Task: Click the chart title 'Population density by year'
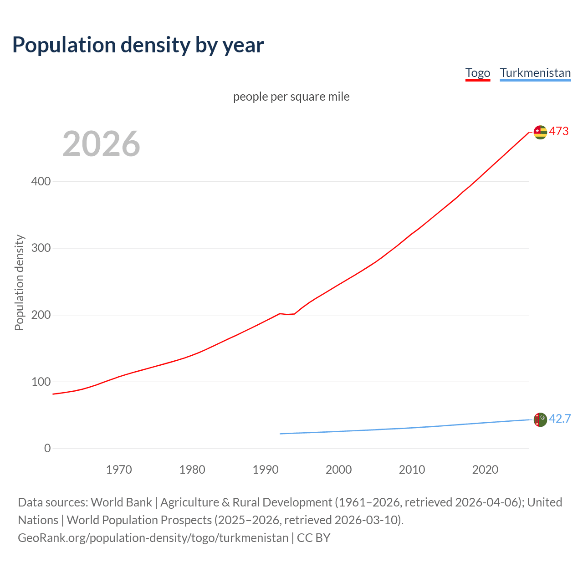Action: click(x=138, y=45)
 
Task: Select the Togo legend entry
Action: click(x=477, y=73)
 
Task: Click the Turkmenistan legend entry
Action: click(x=535, y=73)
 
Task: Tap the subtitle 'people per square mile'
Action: click(x=291, y=97)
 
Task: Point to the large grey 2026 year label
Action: click(x=101, y=144)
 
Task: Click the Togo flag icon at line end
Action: click(x=540, y=132)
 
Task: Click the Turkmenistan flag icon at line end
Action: click(x=540, y=419)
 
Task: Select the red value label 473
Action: click(x=559, y=131)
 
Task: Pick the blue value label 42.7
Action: click(x=560, y=419)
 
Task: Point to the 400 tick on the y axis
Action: click(x=41, y=181)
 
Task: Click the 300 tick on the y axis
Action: click(x=41, y=248)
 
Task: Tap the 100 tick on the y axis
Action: click(x=41, y=382)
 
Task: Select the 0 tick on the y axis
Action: click(x=47, y=448)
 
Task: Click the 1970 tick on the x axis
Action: click(x=119, y=470)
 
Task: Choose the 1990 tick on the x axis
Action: click(x=266, y=470)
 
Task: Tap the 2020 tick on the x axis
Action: click(x=485, y=470)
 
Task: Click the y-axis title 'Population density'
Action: click(x=19, y=282)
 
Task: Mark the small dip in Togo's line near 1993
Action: click(x=287, y=314)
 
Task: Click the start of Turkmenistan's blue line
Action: click(x=281, y=434)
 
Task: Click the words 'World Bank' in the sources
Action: click(x=121, y=502)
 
